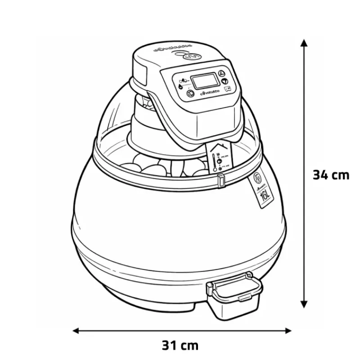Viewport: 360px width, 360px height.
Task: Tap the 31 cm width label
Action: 180,346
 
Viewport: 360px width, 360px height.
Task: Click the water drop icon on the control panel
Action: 180,86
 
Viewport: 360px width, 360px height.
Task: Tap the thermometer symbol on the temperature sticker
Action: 213,161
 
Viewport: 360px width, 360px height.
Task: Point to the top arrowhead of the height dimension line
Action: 305,42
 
